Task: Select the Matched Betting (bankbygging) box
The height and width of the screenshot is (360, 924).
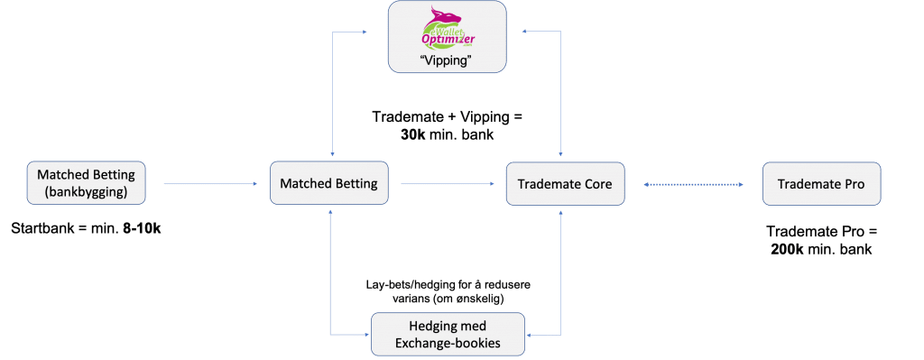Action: coord(84,183)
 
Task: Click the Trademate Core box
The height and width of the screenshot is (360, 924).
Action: coord(565,184)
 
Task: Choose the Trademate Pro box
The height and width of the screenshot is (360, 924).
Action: coord(820,184)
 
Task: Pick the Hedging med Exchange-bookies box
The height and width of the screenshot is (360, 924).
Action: coord(448,334)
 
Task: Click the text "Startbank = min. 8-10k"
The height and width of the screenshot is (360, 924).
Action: coord(88,229)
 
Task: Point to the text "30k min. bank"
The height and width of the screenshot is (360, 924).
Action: coord(448,134)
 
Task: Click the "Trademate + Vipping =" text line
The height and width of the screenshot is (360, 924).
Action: coord(448,116)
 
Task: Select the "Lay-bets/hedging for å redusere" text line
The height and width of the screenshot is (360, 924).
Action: coord(448,285)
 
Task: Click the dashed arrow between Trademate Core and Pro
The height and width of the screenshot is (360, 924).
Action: coord(693,184)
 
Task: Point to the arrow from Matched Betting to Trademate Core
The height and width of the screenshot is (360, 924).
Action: coord(447,184)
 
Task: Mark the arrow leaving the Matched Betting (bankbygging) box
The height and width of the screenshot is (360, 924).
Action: coord(206,184)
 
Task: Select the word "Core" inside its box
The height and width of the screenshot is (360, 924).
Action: coord(596,184)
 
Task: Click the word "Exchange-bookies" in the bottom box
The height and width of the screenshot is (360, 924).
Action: coord(448,342)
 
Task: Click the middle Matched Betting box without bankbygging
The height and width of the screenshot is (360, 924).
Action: coord(329,184)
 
